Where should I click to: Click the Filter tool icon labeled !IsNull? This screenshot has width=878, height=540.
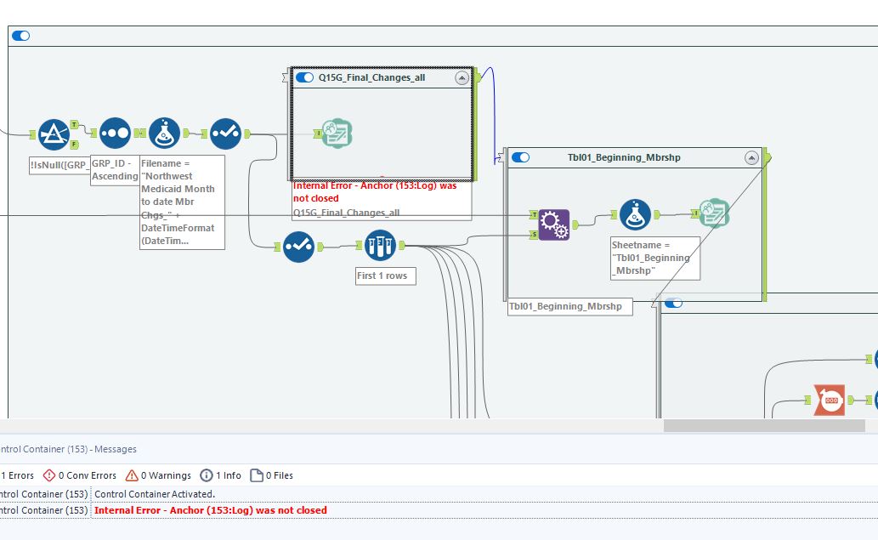pyautogui.click(x=54, y=134)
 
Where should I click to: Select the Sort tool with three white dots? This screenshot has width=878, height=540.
pyautogui.click(x=116, y=134)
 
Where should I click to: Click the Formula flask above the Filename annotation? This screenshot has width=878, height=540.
pyautogui.click(x=165, y=134)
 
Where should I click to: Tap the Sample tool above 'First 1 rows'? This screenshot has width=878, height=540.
pyautogui.click(x=381, y=246)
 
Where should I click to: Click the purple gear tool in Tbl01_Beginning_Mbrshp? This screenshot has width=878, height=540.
pyautogui.click(x=553, y=225)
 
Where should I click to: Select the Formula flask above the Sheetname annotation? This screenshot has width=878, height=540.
pyautogui.click(x=635, y=215)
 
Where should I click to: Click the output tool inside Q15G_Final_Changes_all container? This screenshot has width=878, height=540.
pyautogui.click(x=337, y=134)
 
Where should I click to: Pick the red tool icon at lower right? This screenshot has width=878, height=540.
pyautogui.click(x=829, y=400)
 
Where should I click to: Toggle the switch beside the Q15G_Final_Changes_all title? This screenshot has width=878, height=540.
pyautogui.click(x=304, y=77)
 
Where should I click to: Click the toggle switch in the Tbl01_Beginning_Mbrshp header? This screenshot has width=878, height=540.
pyautogui.click(x=520, y=157)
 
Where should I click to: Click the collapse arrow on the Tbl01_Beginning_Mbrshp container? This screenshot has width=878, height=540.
pyautogui.click(x=751, y=157)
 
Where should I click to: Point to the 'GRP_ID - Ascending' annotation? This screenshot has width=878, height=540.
pyautogui.click(x=115, y=169)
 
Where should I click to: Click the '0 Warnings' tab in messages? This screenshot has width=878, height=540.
pyautogui.click(x=159, y=475)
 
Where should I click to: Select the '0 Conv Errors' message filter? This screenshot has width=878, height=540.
pyautogui.click(x=80, y=475)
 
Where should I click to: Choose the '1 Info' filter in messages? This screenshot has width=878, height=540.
pyautogui.click(x=220, y=475)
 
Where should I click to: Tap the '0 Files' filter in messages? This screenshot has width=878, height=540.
pyautogui.click(x=271, y=475)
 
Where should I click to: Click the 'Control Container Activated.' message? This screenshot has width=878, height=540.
pyautogui.click(x=155, y=493)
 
